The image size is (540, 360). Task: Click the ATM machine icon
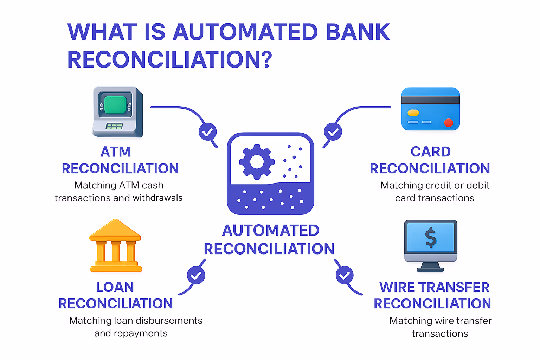pyautogui.click(x=117, y=112)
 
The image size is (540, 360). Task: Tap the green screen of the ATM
pyautogui.click(x=115, y=104)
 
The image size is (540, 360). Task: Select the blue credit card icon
pyautogui.click(x=431, y=109)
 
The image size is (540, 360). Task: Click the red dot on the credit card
pyautogui.click(x=448, y=123)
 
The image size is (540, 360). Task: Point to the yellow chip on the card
pyautogui.click(x=413, y=113)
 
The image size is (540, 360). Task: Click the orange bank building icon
pyautogui.click(x=116, y=246)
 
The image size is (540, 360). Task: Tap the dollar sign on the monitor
pyautogui.click(x=431, y=238)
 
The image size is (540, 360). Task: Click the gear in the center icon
pyautogui.click(x=257, y=162)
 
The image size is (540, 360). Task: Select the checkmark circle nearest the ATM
pyautogui.click(x=208, y=132)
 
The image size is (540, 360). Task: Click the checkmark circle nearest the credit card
pyautogui.click(x=333, y=132)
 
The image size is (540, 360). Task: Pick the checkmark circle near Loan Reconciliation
pyautogui.click(x=196, y=275)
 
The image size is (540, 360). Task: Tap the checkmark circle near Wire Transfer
pyautogui.click(x=345, y=275)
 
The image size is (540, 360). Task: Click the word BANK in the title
pyautogui.click(x=358, y=32)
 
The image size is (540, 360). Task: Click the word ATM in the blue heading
pyautogui.click(x=116, y=152)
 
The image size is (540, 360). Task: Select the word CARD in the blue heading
pyautogui.click(x=431, y=152)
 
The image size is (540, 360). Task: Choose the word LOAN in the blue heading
pyautogui.click(x=115, y=287)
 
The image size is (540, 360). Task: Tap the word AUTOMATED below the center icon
pyautogui.click(x=271, y=231)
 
